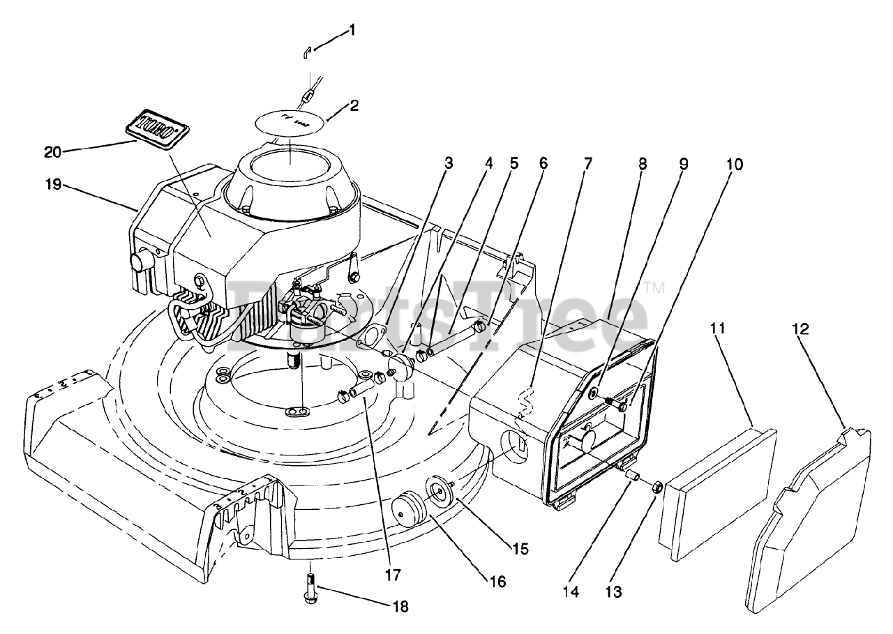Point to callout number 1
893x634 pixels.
(353, 30)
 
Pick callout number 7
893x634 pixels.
(588, 164)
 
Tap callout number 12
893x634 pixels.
(800, 329)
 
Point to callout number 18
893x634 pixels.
(400, 607)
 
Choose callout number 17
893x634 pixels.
(392, 575)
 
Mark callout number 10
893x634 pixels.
(734, 165)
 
